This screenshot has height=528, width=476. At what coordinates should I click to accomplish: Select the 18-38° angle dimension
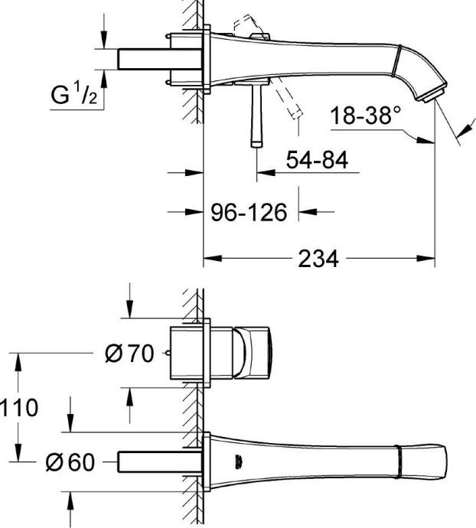[x=366, y=117]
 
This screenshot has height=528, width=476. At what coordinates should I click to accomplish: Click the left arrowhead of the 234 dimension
[x=210, y=259]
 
